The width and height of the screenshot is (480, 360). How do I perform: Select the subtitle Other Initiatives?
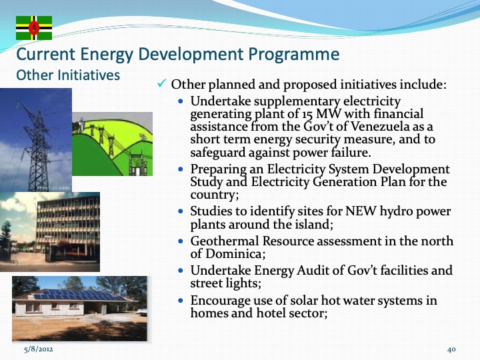pos(68,75)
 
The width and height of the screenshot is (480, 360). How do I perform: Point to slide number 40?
pos(451,349)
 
